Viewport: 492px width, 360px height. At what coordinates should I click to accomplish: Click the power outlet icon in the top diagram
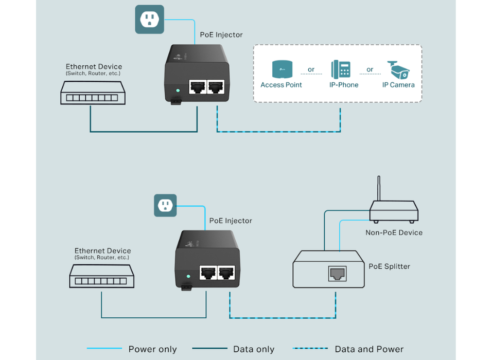[149, 20]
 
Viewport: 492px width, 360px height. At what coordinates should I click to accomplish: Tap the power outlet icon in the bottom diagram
[165, 205]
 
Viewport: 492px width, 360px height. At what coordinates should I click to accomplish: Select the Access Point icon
[281, 69]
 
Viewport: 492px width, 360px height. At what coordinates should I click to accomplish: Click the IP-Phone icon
[341, 69]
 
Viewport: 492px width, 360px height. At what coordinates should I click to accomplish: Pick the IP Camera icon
[398, 69]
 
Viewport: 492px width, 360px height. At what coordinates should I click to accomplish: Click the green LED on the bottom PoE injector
[188, 276]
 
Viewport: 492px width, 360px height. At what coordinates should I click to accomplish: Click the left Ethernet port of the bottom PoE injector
[207, 272]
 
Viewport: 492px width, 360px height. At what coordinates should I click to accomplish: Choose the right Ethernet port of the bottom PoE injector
[226, 272]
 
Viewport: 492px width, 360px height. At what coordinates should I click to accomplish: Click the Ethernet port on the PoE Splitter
[337, 274]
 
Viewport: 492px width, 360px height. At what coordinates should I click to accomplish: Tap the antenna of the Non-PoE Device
[379, 189]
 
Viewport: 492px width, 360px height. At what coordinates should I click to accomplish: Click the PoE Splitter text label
[389, 266]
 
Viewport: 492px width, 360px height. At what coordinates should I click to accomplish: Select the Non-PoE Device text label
[394, 232]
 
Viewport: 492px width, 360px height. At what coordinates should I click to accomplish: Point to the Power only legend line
[104, 349]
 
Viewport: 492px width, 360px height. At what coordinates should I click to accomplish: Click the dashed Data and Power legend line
[310, 349]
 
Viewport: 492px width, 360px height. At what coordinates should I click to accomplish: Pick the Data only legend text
[254, 349]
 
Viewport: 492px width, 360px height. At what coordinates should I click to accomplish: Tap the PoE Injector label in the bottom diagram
[231, 221]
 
